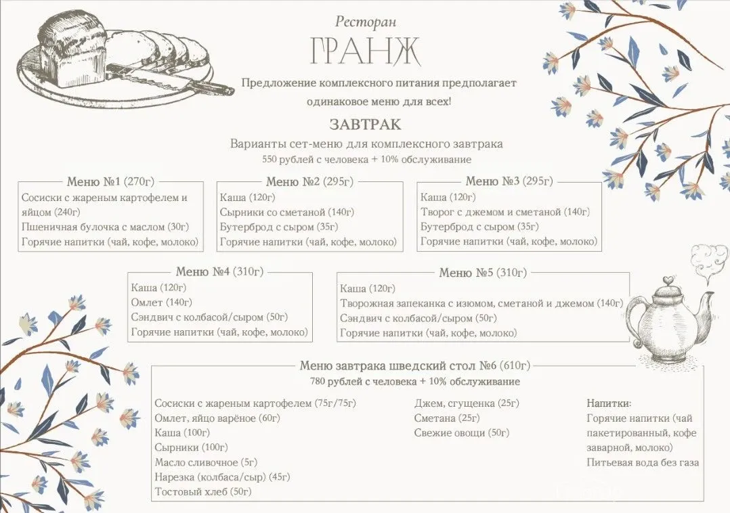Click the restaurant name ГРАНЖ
[x=365, y=51]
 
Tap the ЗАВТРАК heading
[x=365, y=125]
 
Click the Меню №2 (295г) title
[x=309, y=181]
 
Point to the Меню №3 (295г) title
[x=509, y=181]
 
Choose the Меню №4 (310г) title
[x=219, y=272]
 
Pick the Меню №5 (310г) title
[x=482, y=273]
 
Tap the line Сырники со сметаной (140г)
[x=287, y=213]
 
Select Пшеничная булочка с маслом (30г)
[x=105, y=227]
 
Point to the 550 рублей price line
[x=366, y=160]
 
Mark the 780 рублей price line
[x=415, y=382]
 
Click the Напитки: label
[x=609, y=403]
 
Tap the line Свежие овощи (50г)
[x=461, y=432]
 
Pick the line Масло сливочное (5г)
[x=206, y=462]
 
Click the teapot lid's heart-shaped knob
[x=668, y=280]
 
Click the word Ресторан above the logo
[x=365, y=22]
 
